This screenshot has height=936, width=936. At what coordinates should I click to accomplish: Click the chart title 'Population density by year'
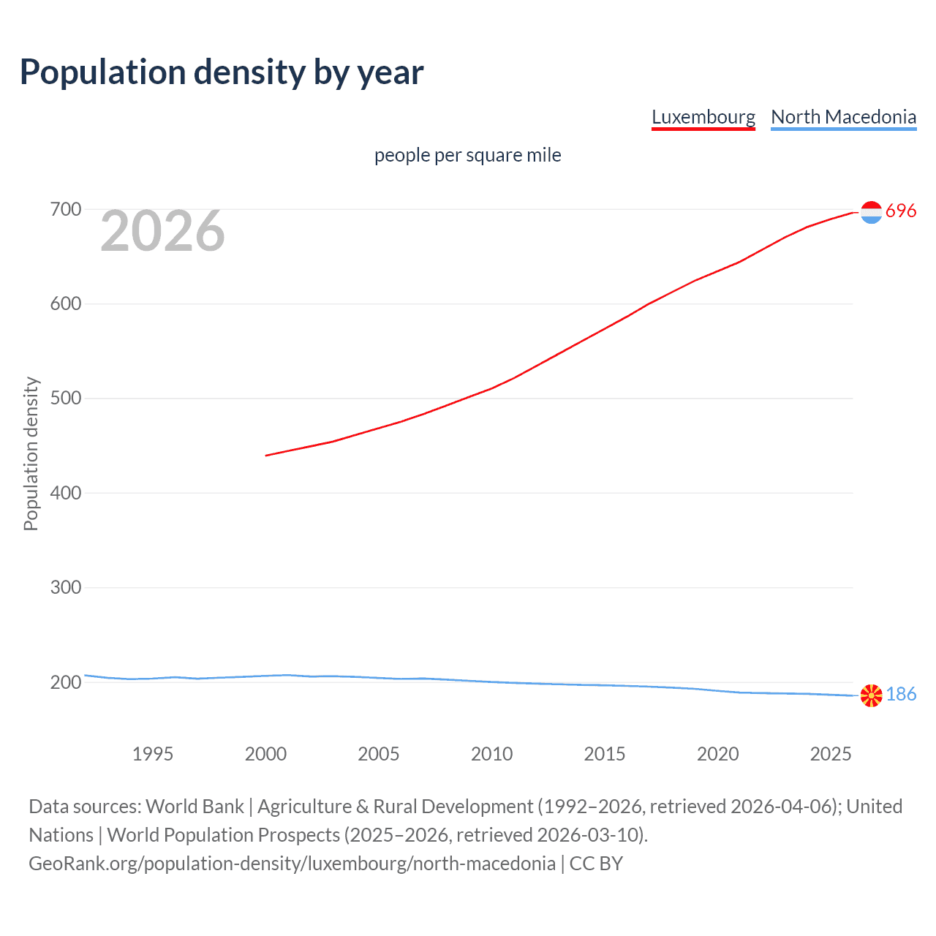(222, 72)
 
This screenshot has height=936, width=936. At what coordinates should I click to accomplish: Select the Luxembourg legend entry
(703, 117)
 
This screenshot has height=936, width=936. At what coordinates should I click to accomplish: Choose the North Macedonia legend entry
(843, 117)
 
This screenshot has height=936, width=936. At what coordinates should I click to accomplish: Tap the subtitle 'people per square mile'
(467, 156)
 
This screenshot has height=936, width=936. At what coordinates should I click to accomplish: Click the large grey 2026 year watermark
(162, 231)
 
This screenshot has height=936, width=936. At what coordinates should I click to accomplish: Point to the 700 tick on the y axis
(65, 210)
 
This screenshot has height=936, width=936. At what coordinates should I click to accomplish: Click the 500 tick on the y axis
(65, 399)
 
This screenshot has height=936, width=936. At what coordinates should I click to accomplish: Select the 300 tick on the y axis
(65, 588)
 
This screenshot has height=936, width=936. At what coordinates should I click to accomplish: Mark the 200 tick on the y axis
(65, 682)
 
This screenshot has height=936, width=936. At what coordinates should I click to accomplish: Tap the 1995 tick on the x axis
(153, 754)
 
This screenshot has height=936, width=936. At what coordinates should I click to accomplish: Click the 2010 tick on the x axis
(491, 754)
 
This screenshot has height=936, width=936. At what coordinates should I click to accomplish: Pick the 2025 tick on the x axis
(831, 754)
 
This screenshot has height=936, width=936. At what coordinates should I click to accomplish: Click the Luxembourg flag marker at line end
(871, 212)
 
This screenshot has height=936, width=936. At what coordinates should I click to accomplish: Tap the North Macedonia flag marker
(871, 695)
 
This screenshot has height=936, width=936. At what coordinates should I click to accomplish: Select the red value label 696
(901, 211)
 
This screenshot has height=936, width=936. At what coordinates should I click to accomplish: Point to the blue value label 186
(901, 695)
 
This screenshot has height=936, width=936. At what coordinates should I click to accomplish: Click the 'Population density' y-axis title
(31, 453)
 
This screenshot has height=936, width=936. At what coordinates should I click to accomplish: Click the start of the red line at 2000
(267, 455)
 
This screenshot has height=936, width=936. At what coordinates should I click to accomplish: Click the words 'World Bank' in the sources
(195, 807)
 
